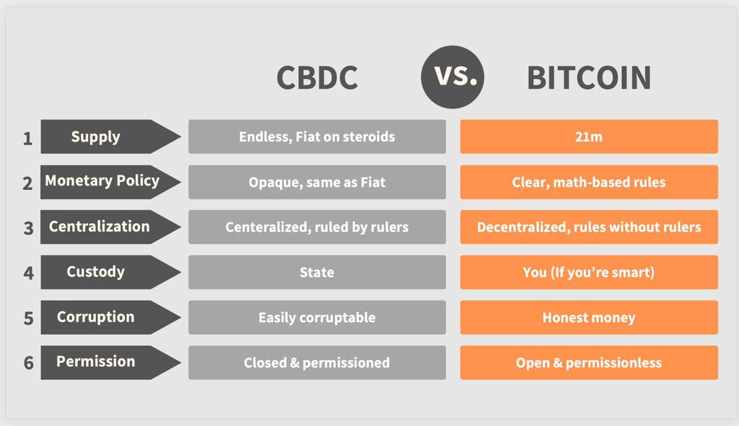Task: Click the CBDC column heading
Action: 318,77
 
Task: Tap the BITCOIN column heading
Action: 589,77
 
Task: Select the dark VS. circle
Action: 452,77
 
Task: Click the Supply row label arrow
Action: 110,136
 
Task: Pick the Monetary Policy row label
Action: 110,182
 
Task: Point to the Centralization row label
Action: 110,227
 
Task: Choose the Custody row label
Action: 110,272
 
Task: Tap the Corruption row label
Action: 110,318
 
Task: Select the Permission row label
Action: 110,362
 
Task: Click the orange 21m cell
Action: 589,136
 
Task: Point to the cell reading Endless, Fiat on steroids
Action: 318,136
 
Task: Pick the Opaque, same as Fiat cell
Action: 318,182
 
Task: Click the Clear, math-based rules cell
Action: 589,182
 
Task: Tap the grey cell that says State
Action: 318,272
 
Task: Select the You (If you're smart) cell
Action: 589,272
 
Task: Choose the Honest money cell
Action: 589,318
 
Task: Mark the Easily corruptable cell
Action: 318,318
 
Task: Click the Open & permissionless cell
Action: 589,362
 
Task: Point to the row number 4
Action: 29,273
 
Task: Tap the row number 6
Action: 29,362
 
